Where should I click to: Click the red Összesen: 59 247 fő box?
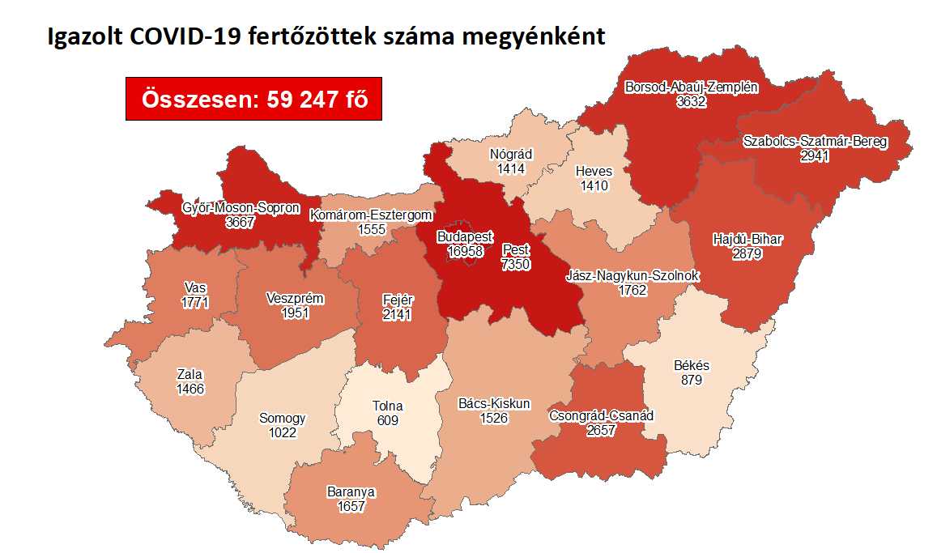click(253, 99)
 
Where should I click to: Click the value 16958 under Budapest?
click(466, 252)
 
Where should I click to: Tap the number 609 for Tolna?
click(388, 420)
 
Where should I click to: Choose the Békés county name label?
click(692, 366)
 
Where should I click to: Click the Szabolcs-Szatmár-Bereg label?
click(815, 142)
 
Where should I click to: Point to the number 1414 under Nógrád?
click(512, 169)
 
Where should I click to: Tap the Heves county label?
click(593, 172)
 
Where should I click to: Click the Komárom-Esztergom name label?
click(372, 215)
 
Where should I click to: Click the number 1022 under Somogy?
click(282, 432)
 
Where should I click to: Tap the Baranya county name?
click(351, 492)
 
